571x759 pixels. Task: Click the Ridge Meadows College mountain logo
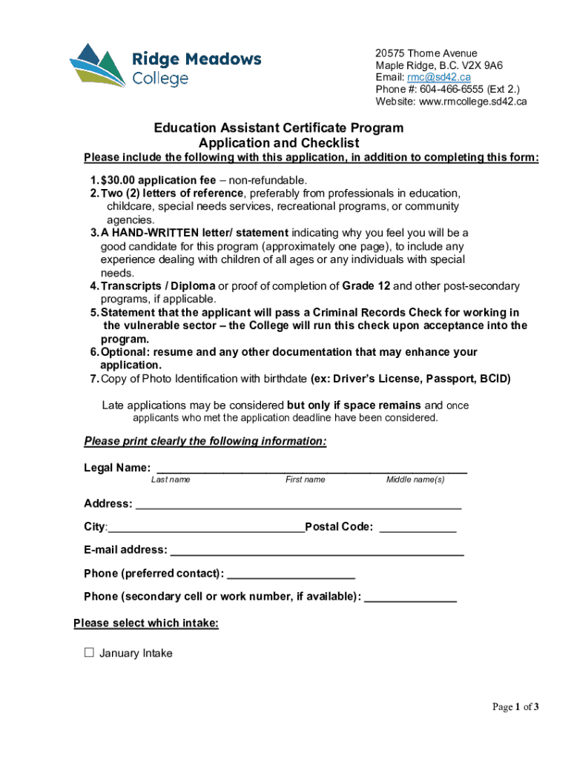pyautogui.click(x=97, y=64)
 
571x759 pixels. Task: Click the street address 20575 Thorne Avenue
pyautogui.click(x=426, y=53)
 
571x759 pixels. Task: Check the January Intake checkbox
pyautogui.click(x=90, y=652)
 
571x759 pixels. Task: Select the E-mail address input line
pyautogui.click(x=317, y=551)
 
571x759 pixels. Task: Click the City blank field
pyautogui.click(x=206, y=528)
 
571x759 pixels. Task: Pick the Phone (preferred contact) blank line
pyautogui.click(x=291, y=574)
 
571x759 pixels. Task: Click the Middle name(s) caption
pyautogui.click(x=415, y=480)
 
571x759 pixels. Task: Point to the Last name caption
pyautogui.click(x=171, y=480)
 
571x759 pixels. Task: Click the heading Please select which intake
pyautogui.click(x=146, y=623)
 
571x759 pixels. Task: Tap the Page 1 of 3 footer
pyautogui.click(x=515, y=707)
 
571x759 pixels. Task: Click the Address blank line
pyautogui.click(x=298, y=505)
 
